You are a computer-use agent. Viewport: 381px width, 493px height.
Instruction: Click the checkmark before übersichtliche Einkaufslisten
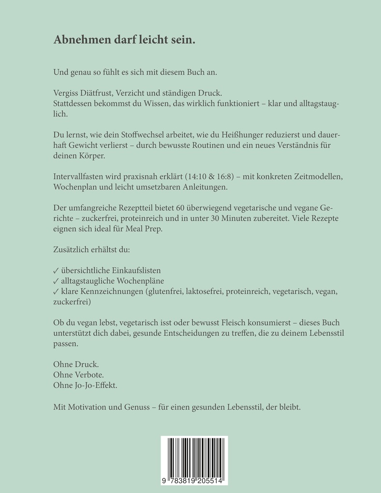(56, 270)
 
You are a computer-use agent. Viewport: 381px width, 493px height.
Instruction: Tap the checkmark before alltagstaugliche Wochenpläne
(56, 281)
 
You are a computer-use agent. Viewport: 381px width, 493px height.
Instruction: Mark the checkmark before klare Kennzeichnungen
(56, 291)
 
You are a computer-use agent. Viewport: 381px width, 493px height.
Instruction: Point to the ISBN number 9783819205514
(194, 479)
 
